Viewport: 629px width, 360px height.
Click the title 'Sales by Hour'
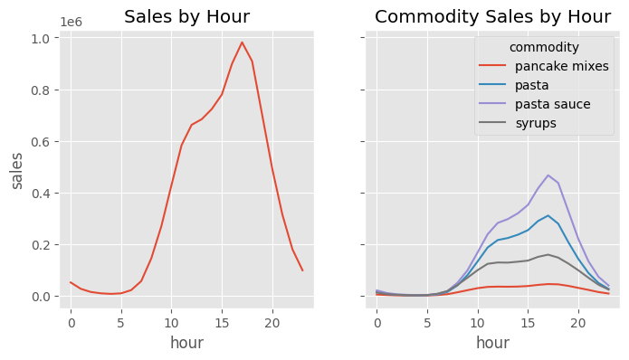(x=186, y=17)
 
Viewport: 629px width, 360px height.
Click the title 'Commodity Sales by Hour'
(x=492, y=17)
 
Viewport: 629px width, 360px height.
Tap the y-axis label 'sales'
(x=17, y=170)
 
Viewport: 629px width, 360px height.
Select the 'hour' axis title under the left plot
(x=186, y=343)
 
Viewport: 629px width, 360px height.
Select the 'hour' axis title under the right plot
(x=492, y=343)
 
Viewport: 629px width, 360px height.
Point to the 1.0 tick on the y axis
(x=41, y=38)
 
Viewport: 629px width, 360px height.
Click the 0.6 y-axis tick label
(x=41, y=142)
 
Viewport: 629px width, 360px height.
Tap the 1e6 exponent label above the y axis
(x=74, y=22)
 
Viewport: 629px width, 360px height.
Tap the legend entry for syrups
(x=537, y=123)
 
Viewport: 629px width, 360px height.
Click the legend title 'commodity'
(x=544, y=47)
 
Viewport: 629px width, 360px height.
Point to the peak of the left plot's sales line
(x=242, y=43)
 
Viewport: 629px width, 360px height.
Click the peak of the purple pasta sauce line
(x=548, y=175)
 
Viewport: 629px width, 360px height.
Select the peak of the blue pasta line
(x=548, y=215)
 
